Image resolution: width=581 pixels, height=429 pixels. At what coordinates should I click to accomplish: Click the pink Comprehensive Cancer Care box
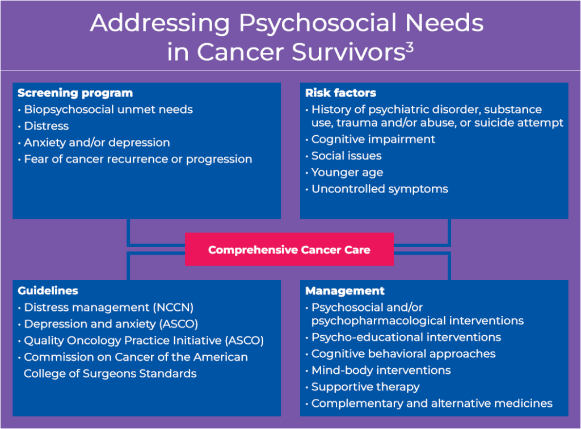pos(289,249)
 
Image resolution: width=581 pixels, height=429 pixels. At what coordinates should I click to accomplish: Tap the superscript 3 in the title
pos(410,48)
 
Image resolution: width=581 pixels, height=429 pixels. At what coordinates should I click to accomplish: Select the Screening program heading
pos(75,93)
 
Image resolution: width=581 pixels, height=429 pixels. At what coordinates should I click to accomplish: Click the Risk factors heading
pos(340,93)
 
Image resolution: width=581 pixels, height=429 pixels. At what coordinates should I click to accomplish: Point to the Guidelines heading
pos(48,290)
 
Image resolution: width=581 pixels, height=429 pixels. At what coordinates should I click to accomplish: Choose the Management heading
pos(345,291)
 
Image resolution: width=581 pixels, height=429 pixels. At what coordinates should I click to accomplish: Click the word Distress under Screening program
pos(47,126)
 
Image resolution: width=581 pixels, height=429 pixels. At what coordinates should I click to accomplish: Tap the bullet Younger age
pos(347,173)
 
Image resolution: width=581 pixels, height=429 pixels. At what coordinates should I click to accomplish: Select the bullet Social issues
pos(347,156)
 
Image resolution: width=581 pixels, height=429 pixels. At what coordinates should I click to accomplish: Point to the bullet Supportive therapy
pos(365,387)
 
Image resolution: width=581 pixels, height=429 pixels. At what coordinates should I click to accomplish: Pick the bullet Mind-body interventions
pos(381,370)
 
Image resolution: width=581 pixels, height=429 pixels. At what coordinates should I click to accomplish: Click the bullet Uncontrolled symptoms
pos(380,189)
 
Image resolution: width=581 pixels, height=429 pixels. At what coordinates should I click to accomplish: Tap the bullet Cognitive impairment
pos(373,140)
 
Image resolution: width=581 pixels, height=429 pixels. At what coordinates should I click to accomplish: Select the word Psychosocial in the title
pos(318,23)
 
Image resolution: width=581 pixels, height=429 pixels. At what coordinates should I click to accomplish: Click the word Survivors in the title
pos(348,52)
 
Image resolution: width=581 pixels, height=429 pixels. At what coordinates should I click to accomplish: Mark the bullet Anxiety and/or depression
pos(96,143)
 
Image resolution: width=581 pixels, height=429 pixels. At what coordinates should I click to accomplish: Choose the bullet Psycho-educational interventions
pos(406,338)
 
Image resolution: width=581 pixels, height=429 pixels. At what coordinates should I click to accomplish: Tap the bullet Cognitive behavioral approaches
pos(403,354)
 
